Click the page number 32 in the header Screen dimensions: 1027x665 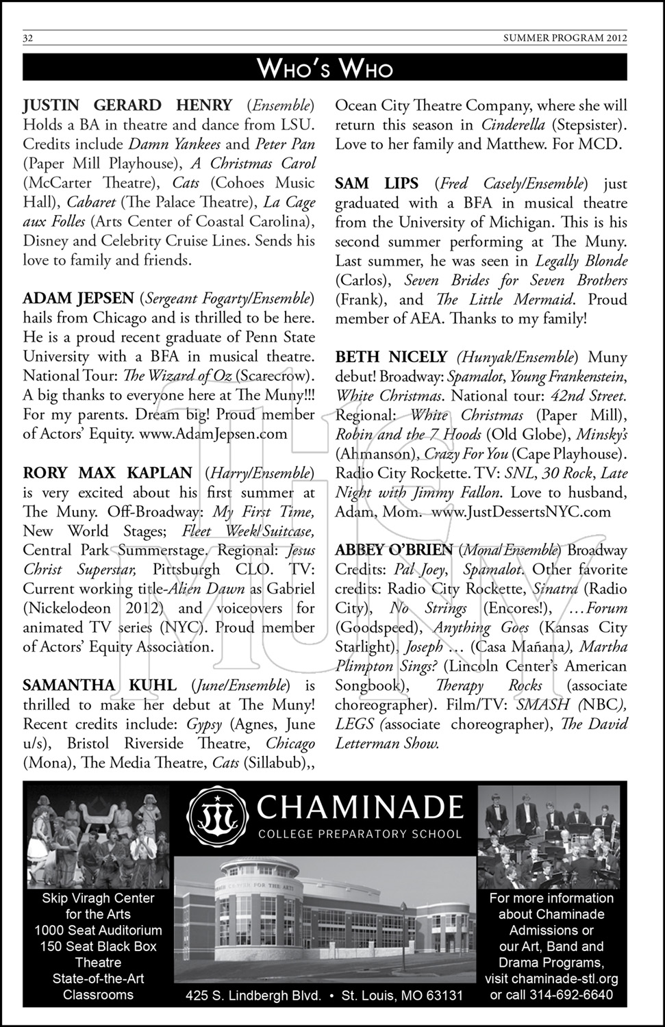click(x=29, y=38)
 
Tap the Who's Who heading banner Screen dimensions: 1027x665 click(x=325, y=68)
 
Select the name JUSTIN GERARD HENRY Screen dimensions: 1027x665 click(x=127, y=105)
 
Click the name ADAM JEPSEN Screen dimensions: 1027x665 click(x=78, y=299)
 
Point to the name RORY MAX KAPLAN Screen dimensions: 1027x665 click(x=108, y=472)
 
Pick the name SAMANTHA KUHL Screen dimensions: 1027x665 click(x=99, y=685)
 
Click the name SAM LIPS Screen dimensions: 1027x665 click(x=377, y=183)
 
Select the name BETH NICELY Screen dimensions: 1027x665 click(x=390, y=357)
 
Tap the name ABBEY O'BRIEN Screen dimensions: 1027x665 click(x=394, y=550)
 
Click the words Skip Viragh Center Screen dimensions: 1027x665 click(x=98, y=898)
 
